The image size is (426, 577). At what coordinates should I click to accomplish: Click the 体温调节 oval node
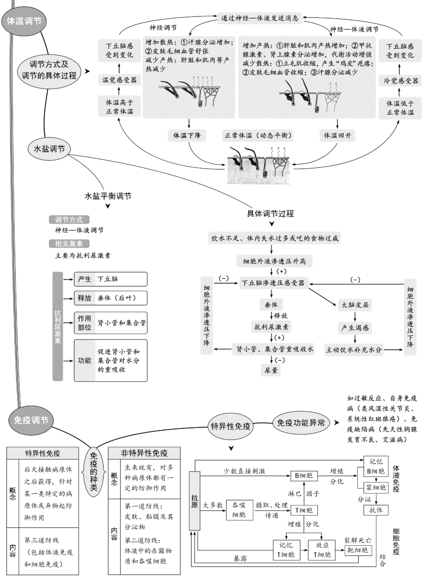(x=24, y=21)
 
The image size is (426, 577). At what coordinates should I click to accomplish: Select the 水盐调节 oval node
(x=49, y=149)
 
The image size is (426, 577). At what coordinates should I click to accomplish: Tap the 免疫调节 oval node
(x=31, y=420)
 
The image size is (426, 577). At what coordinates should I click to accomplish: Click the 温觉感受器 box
(x=120, y=80)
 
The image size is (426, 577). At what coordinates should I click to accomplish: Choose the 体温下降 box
(x=187, y=135)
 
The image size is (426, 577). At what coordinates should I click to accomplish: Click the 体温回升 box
(x=337, y=135)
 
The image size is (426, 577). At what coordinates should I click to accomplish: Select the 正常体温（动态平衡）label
(x=259, y=135)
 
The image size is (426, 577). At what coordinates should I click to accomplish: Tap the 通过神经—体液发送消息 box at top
(x=260, y=18)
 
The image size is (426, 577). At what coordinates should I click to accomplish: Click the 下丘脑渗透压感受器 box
(x=273, y=283)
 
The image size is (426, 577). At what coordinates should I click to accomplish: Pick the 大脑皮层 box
(x=355, y=305)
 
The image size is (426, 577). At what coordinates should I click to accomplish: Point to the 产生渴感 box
(x=355, y=328)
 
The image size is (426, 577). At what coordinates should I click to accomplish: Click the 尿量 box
(x=271, y=370)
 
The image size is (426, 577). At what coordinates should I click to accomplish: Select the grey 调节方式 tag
(x=69, y=220)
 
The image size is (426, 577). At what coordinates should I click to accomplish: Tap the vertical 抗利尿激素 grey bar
(x=58, y=326)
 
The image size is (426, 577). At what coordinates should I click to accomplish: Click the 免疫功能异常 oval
(x=301, y=423)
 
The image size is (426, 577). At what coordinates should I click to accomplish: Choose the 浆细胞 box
(x=376, y=487)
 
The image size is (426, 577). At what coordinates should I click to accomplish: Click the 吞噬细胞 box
(x=239, y=510)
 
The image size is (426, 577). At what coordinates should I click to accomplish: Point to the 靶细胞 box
(x=357, y=550)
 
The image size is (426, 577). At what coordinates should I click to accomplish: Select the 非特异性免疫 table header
(x=144, y=453)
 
